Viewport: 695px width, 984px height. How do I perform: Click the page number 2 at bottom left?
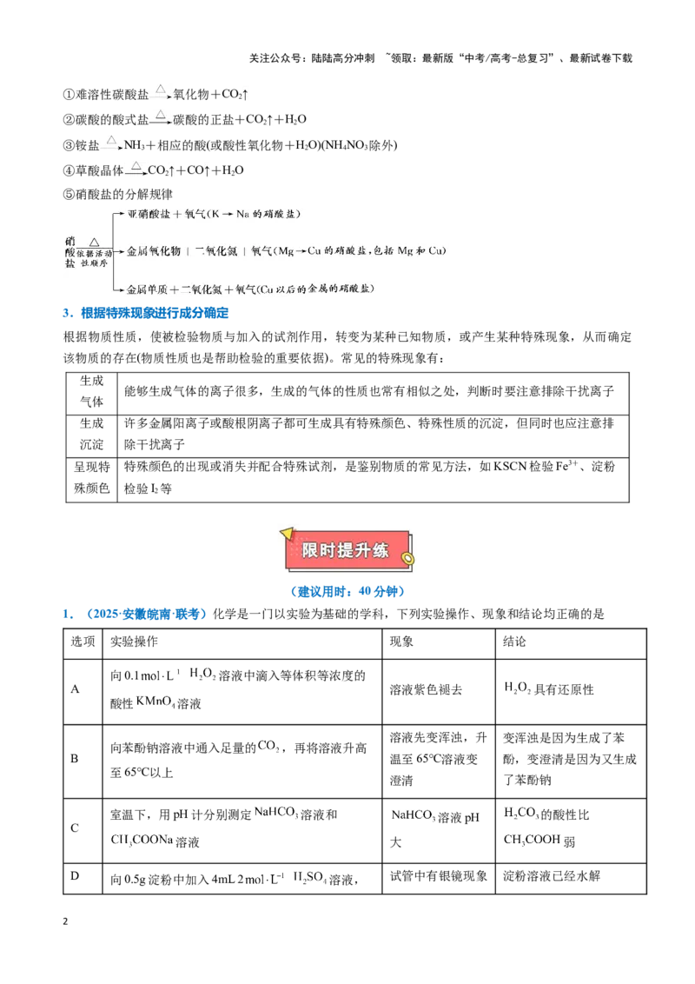point(65,921)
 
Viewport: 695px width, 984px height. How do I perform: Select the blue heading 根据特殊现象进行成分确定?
point(155,313)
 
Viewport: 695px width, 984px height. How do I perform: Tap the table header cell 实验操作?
point(135,642)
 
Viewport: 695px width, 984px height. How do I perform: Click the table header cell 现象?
point(401,642)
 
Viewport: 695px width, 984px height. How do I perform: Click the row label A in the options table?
point(75,689)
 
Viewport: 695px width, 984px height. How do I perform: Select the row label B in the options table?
point(75,759)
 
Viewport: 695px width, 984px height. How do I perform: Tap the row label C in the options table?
point(75,828)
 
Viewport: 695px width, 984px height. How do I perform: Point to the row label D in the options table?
point(75,875)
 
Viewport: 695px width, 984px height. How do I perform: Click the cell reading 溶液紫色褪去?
point(426,689)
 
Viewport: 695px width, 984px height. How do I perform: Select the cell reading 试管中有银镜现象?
point(439,876)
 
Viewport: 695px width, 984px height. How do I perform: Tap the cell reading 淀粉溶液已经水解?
point(552,876)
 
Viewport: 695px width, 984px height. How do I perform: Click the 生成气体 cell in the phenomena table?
point(91,391)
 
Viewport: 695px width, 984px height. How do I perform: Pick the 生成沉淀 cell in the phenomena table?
point(91,434)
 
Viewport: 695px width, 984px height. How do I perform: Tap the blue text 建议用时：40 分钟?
point(347,591)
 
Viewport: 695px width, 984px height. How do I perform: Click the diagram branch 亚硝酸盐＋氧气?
point(214,214)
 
